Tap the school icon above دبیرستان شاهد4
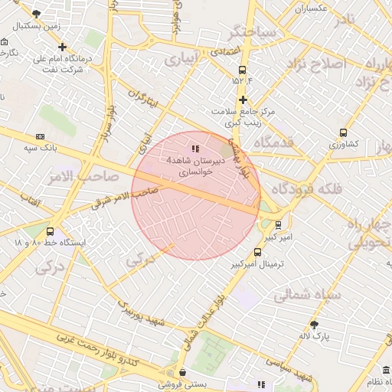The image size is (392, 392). (195, 149)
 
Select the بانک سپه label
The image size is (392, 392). (45, 146)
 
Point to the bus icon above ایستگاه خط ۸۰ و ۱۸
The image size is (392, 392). (50, 231)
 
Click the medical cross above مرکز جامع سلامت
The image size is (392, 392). (243, 100)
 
